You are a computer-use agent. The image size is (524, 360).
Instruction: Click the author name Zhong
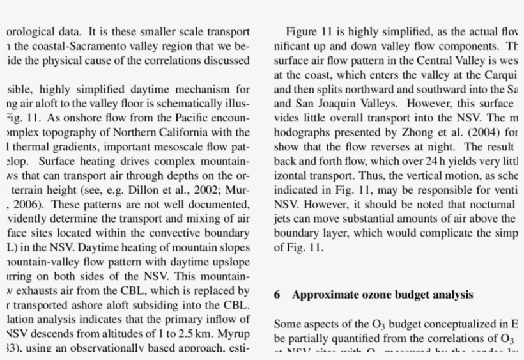(397, 132)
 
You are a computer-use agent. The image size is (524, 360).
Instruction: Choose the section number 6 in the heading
(277, 295)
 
